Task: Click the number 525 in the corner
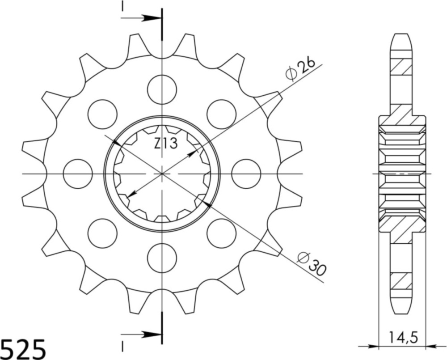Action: (x=23, y=348)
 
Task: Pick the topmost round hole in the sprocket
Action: (x=162, y=89)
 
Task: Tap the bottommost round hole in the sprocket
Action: (x=162, y=258)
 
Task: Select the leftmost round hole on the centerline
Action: (x=78, y=174)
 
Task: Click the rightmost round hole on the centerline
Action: (x=246, y=174)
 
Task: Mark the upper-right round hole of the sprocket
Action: (x=221, y=114)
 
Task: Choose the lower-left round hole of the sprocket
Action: (x=102, y=233)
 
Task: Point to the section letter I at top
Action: (x=122, y=6)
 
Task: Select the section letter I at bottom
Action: (x=122, y=347)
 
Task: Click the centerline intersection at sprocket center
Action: (x=162, y=174)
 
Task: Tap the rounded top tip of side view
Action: (x=401, y=35)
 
